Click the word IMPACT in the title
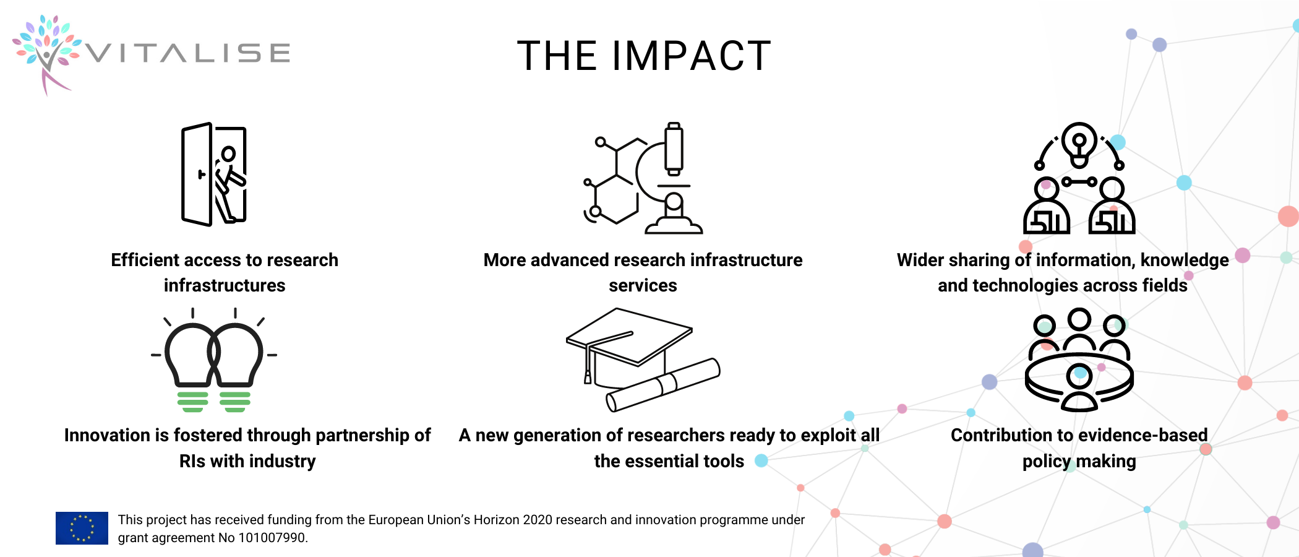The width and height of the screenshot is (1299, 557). [692, 56]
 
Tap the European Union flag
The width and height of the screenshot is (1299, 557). [82, 528]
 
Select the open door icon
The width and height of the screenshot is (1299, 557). [214, 174]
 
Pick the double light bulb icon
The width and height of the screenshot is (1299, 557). [214, 360]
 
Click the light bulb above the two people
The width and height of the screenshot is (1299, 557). [1079, 144]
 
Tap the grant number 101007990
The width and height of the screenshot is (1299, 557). [273, 538]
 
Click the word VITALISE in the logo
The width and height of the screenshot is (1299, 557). [187, 53]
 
